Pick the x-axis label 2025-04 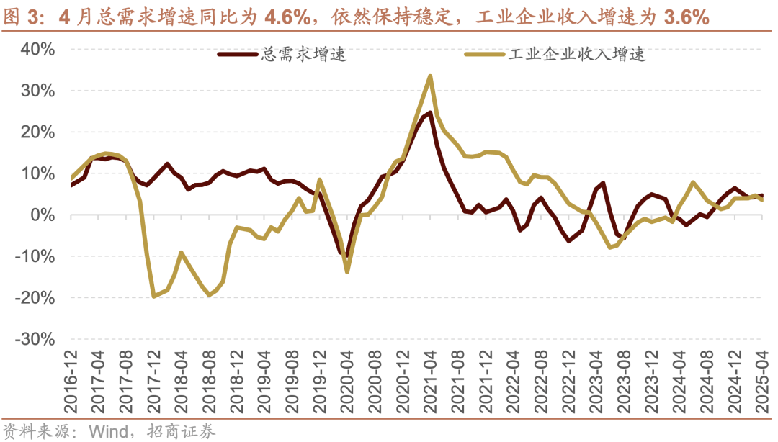pos(763,380)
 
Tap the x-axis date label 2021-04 pos(431,380)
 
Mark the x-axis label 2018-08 pos(210,380)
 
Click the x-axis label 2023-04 pos(597,380)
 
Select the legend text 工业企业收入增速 pos(577,55)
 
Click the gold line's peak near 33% pos(430,76)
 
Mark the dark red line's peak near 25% pos(430,112)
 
